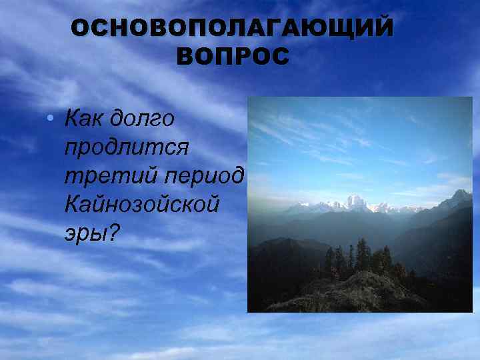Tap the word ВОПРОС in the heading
tap(233, 57)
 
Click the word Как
tap(85, 119)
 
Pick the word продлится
tap(127, 147)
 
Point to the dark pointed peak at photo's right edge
tap(460, 197)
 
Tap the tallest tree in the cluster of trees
tap(362, 253)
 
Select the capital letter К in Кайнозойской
tap(72, 203)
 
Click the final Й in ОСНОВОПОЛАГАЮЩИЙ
tap(381, 30)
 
